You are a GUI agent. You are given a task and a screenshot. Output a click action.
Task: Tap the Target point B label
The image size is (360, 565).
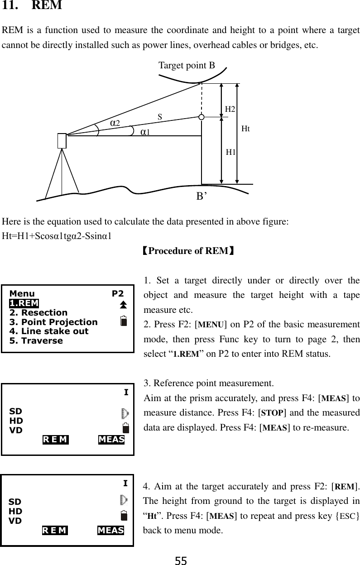[x=187, y=66]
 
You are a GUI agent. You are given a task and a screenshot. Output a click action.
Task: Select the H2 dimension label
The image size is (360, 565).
[x=230, y=109]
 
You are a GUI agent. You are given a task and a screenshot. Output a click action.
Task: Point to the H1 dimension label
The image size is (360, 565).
[x=231, y=152]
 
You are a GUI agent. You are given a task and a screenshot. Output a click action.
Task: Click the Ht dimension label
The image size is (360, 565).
[x=245, y=129]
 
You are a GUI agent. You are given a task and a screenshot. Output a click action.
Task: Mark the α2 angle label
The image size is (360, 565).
[x=115, y=123]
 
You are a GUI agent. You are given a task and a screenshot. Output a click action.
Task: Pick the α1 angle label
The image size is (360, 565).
[x=145, y=132]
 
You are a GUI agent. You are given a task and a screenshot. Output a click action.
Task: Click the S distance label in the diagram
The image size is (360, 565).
[x=160, y=117]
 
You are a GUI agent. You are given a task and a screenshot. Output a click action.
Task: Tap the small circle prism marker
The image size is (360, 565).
[x=202, y=117]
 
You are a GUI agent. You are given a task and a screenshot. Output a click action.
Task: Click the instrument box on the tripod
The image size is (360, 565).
[x=62, y=141]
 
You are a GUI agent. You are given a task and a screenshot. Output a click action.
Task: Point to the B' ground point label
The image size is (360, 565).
[x=202, y=196]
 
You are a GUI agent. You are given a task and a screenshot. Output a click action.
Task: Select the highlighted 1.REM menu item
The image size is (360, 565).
[x=24, y=303]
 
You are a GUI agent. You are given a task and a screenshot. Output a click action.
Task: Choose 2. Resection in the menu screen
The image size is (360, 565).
[x=38, y=313]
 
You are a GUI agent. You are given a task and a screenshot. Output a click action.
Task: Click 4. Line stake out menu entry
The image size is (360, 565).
[x=49, y=331]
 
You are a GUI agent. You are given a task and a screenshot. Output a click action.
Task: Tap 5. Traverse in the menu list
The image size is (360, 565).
[x=36, y=340]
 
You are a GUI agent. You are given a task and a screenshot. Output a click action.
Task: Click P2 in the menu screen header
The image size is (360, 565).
[x=118, y=293]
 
